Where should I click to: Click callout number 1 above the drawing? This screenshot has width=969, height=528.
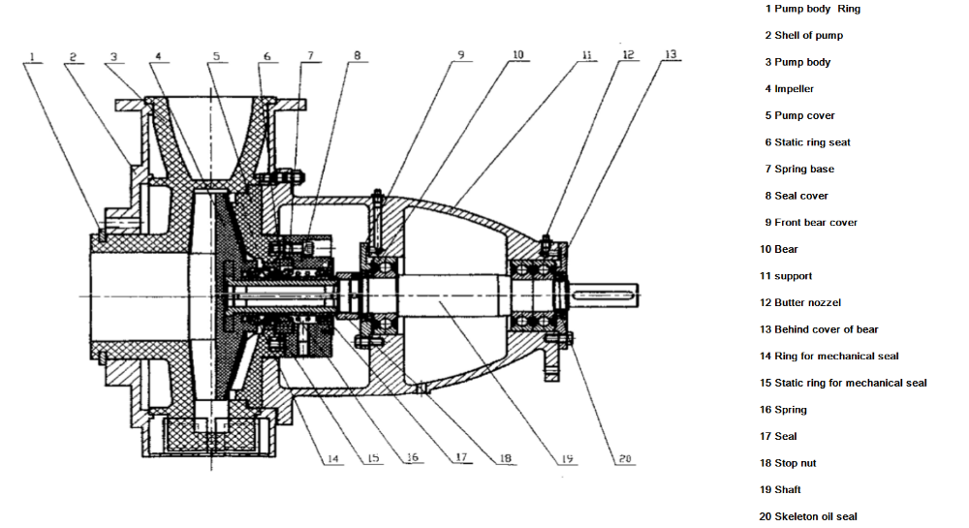[x=32, y=57]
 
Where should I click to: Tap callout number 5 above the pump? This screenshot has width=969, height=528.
[x=216, y=56]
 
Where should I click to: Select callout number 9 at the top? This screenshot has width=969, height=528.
[x=460, y=55]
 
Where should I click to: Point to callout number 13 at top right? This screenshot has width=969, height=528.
[x=671, y=54]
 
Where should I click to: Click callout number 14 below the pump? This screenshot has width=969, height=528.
[x=333, y=458]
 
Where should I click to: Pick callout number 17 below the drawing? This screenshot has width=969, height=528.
[x=461, y=457]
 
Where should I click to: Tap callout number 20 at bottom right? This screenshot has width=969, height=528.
[x=625, y=458]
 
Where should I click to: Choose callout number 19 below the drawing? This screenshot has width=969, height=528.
[x=567, y=458]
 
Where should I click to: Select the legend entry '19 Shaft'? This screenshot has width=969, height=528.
[x=780, y=489]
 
